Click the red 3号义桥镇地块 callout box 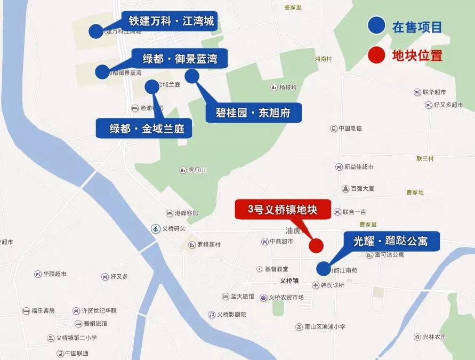[x=283, y=210]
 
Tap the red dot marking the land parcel [x=316, y=245]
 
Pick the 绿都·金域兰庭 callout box [x=143, y=129]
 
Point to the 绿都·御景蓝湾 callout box [x=180, y=58]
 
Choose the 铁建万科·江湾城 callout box [x=171, y=21]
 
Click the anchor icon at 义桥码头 [x=155, y=228]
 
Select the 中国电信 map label [x=350, y=128]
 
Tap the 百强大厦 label [x=363, y=189]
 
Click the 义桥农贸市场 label [x=286, y=297]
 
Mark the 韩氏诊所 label [x=332, y=285]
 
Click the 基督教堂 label [x=276, y=269]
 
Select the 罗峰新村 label [x=208, y=245]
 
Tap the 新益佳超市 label [x=358, y=167]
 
